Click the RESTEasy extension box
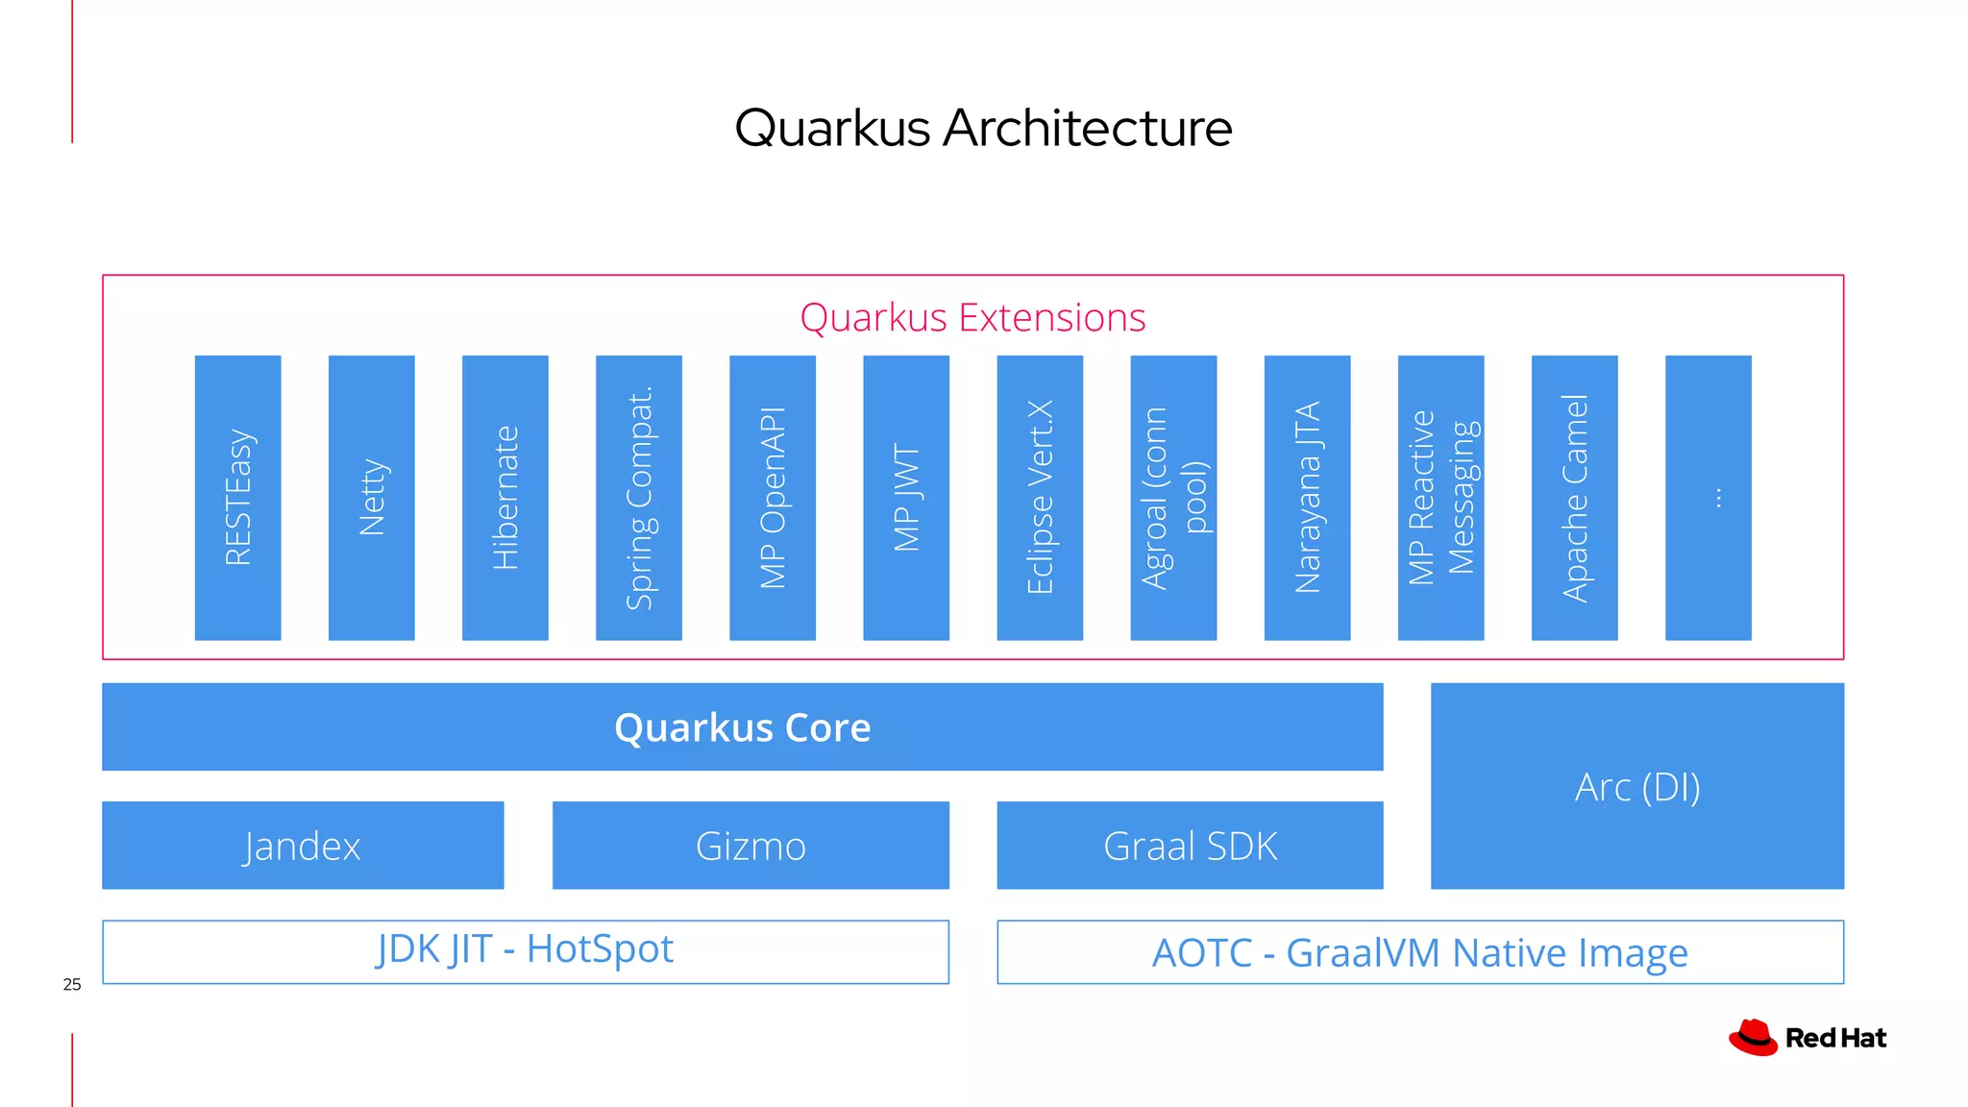(237, 498)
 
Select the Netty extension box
(371, 498)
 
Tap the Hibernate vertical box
(504, 498)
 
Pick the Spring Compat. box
(638, 498)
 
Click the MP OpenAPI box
(772, 498)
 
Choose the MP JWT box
(905, 498)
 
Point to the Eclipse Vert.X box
(1040, 498)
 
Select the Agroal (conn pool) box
(1173, 498)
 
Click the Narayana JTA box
(1307, 498)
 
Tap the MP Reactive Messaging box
(1440, 498)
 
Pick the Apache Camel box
(1574, 498)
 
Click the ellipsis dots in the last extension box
(1718, 498)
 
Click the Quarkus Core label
(742, 727)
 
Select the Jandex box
(303, 846)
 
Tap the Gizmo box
(750, 846)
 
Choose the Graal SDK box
(1190, 846)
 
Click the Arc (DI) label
(1636, 787)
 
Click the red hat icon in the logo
(1754, 1038)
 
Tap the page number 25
(72, 984)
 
